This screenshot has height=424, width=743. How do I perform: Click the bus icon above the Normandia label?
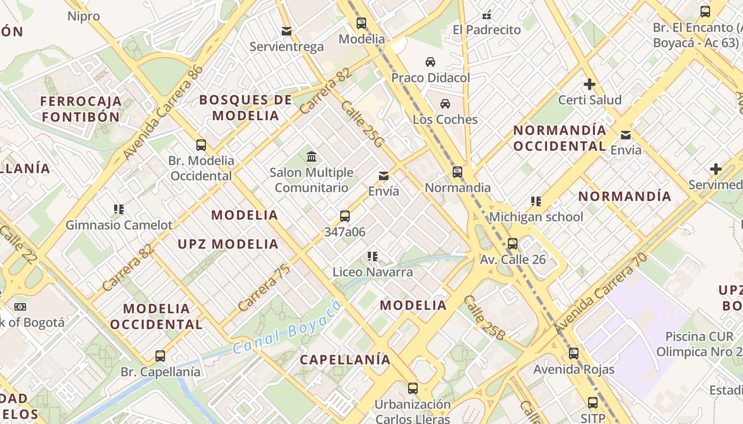pyautogui.click(x=457, y=172)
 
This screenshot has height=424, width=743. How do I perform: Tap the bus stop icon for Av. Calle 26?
pyautogui.click(x=512, y=244)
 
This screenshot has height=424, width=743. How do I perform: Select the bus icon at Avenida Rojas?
pyautogui.click(x=574, y=354)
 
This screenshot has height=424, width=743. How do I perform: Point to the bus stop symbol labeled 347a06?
pyautogui.click(x=345, y=216)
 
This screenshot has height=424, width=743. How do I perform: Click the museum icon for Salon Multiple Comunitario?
pyautogui.click(x=312, y=157)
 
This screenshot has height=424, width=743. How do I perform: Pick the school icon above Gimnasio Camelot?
pyautogui.click(x=119, y=209)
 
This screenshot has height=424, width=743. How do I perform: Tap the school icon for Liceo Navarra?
pyautogui.click(x=373, y=257)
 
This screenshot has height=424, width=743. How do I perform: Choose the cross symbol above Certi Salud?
pyautogui.click(x=589, y=84)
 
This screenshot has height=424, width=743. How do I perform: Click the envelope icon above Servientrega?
pyautogui.click(x=287, y=31)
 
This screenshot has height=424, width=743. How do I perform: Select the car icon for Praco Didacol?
pyautogui.click(x=430, y=62)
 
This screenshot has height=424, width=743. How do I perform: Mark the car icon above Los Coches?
pyautogui.click(x=445, y=104)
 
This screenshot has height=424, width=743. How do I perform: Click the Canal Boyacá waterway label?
pyautogui.click(x=287, y=328)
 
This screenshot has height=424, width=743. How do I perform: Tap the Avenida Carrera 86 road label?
pyautogui.click(x=163, y=112)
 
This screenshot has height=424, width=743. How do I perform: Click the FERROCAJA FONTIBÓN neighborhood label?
pyautogui.click(x=81, y=109)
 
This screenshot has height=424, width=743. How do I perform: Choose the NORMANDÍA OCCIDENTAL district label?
pyautogui.click(x=560, y=138)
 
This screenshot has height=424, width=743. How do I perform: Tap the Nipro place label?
pyautogui.click(x=84, y=16)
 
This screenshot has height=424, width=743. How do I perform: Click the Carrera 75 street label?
pyautogui.click(x=264, y=287)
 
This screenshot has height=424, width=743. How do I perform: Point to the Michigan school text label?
pyautogui.click(x=536, y=217)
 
